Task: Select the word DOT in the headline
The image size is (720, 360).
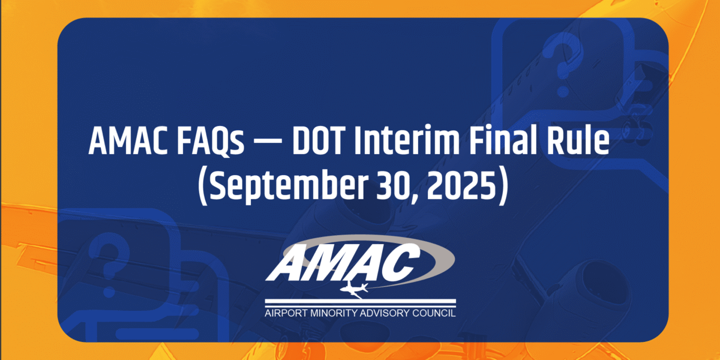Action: (x=317, y=142)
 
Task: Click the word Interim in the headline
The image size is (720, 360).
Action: (x=407, y=140)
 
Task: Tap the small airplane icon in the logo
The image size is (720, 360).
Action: (x=354, y=289)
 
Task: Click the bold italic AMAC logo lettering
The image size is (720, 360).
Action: (x=343, y=262)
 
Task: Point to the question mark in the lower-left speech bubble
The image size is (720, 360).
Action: (x=109, y=263)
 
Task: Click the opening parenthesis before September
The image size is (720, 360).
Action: (x=202, y=188)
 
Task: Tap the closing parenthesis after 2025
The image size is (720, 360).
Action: (x=503, y=188)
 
